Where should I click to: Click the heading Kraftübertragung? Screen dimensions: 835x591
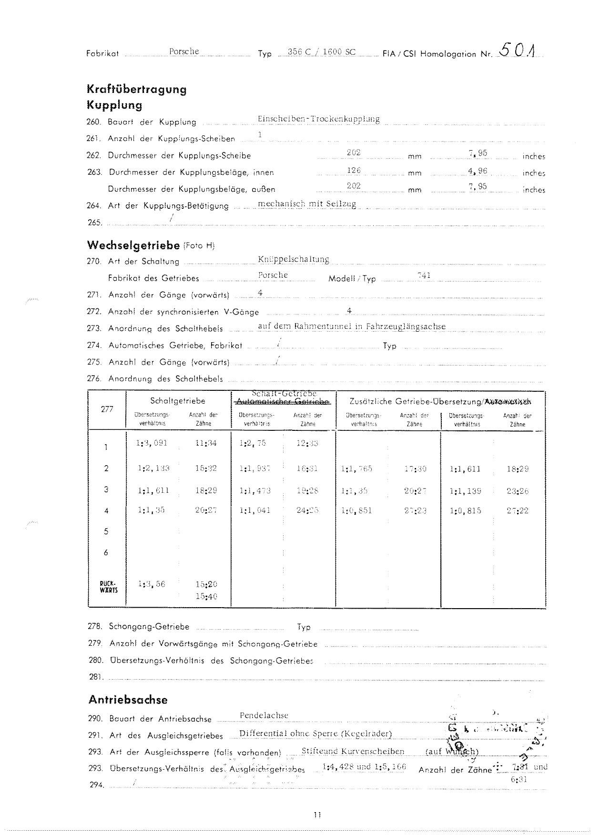tap(136, 89)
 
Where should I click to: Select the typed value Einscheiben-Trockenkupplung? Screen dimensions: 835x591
tap(318, 119)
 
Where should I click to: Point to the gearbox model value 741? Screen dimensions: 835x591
tap(424, 275)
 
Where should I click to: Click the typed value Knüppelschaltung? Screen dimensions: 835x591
tap(293, 259)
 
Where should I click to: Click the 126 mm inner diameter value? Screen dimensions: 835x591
tap(354, 170)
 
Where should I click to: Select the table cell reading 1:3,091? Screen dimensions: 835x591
tap(152, 443)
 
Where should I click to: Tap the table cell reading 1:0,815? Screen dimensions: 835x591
tap(466, 510)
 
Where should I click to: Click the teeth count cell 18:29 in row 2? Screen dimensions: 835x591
tap(518, 468)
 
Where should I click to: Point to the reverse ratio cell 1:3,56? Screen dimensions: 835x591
tap(151, 584)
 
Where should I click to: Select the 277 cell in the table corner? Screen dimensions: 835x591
tap(107, 409)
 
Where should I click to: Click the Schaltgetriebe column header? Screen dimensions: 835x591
tap(177, 401)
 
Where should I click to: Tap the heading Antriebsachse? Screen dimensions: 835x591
tap(128, 700)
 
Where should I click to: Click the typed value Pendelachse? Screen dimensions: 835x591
tap(264, 715)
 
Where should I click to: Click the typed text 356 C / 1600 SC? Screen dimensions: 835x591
tap(322, 52)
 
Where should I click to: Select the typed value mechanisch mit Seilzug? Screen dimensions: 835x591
tap(307, 204)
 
